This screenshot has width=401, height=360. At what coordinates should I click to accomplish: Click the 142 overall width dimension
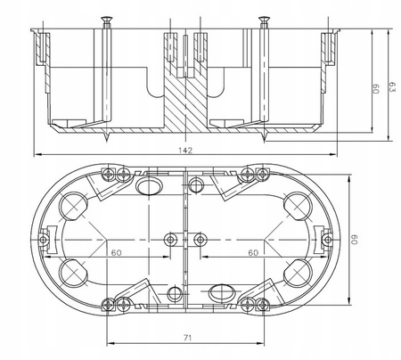click(185, 151)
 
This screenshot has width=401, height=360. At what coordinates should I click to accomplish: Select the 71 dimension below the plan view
click(185, 338)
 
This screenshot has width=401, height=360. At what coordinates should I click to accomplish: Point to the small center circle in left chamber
click(170, 239)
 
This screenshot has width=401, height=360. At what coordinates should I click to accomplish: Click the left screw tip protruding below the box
click(107, 137)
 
